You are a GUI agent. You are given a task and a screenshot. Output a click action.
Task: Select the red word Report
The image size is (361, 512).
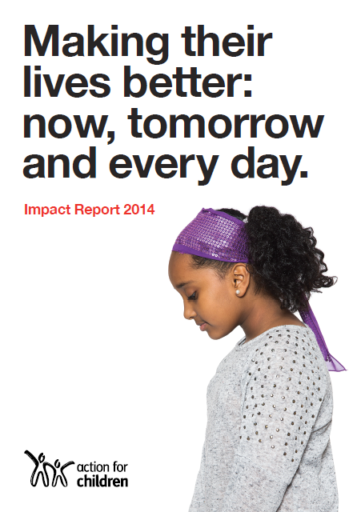click(x=99, y=212)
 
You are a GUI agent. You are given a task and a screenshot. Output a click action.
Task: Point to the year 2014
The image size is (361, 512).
click(x=139, y=212)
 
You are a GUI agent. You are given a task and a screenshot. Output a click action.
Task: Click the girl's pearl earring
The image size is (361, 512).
click(x=238, y=292)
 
